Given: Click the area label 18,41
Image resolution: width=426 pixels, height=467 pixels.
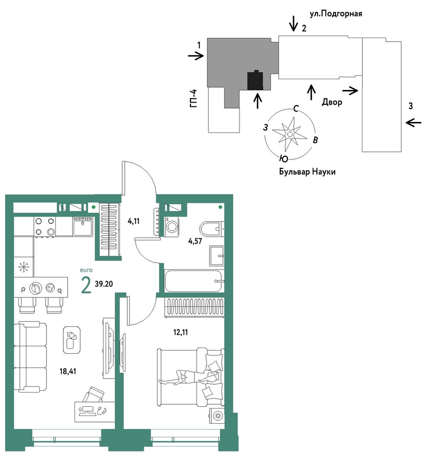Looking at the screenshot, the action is click(68, 371).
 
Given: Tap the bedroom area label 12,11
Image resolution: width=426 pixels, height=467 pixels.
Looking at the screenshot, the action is click(181, 332).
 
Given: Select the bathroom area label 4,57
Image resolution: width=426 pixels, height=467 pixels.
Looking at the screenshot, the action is click(195, 241).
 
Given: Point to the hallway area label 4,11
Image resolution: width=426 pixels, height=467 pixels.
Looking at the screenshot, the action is click(133, 221).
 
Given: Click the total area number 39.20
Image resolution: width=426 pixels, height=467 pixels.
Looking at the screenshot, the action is click(103, 284).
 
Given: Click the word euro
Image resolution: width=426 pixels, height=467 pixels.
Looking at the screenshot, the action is click(86, 270).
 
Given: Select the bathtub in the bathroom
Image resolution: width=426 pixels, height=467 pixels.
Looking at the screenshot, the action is click(194, 281).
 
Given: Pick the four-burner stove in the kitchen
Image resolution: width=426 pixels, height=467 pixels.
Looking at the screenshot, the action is click(45, 226).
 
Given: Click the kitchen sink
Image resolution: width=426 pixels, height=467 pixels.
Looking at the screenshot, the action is click(83, 226).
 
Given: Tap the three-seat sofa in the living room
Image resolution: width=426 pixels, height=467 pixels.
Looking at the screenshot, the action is click(30, 357).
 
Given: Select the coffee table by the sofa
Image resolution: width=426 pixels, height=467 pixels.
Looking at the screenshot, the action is click(72, 339).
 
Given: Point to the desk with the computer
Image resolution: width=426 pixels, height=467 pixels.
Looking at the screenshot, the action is click(94, 411).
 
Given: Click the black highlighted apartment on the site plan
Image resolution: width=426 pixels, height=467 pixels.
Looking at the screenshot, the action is click(255, 80).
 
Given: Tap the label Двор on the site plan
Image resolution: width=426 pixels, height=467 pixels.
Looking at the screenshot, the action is click(332, 102).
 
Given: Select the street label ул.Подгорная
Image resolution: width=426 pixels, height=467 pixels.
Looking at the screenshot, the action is click(336, 14).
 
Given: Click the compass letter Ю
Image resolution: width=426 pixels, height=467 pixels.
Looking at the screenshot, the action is click(284, 159).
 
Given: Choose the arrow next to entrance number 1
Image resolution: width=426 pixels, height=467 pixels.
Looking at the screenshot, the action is click(196, 56).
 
